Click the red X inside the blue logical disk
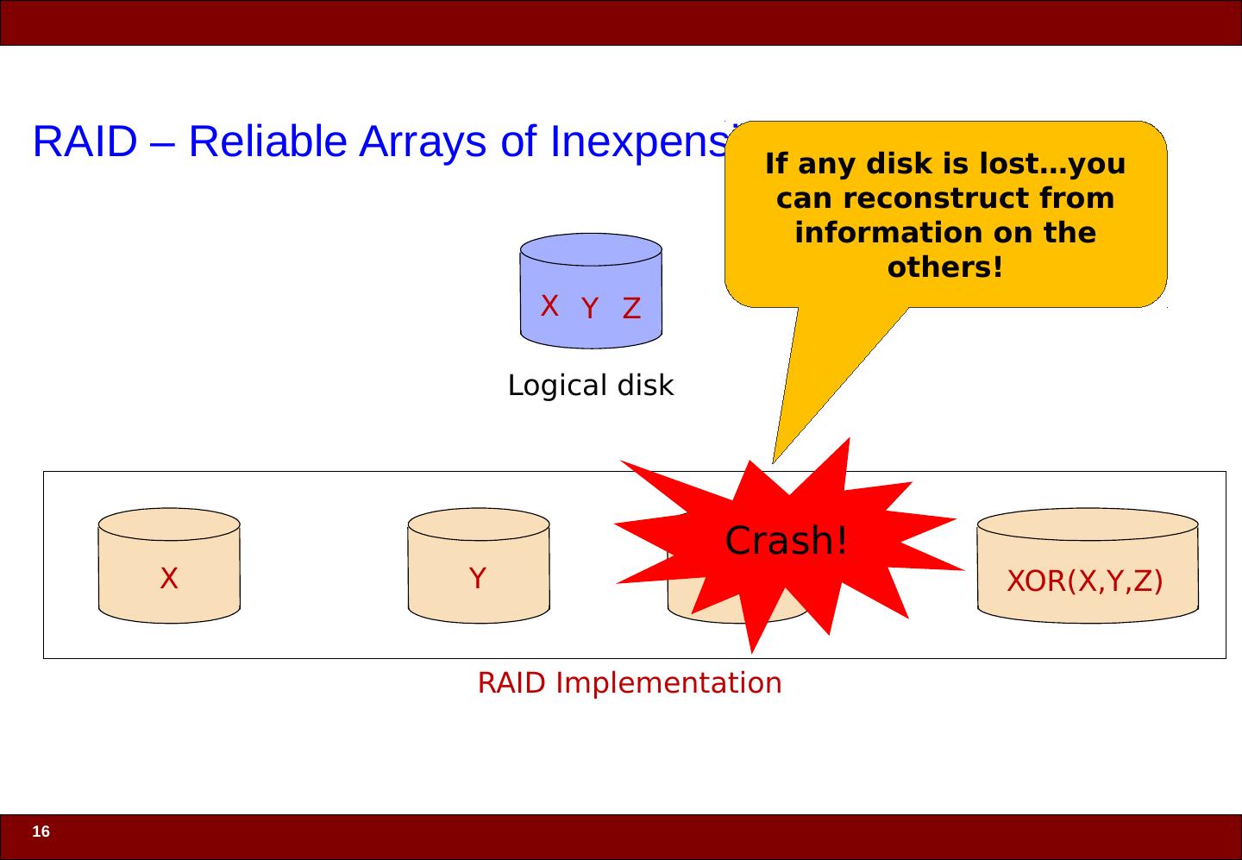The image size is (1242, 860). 549,305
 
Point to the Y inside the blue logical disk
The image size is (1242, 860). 590,309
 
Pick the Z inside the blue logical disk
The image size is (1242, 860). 632,309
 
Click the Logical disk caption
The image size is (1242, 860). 591,386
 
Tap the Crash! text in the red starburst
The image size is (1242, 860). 786,541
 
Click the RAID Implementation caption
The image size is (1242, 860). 630,683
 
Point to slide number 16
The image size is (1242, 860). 41,832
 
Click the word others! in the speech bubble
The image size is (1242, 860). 945,267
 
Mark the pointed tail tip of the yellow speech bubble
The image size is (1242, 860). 774,461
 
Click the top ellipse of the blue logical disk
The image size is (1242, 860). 591,248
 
